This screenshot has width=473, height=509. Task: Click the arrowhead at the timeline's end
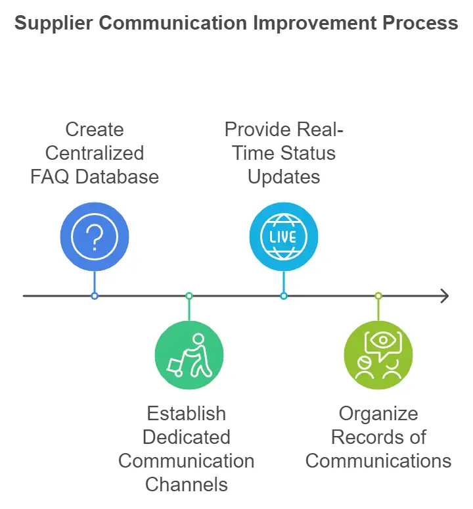(444, 296)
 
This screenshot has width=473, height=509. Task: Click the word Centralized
(95, 153)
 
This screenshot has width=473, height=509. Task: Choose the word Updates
(284, 176)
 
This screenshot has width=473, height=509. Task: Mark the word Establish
(187, 414)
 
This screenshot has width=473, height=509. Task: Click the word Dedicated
(187, 437)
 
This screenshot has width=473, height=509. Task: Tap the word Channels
(187, 485)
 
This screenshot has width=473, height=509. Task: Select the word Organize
(378, 414)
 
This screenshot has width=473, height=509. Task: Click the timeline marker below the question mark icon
(95, 296)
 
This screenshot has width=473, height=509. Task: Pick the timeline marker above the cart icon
(189, 296)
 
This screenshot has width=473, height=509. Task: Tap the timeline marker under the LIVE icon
(284, 296)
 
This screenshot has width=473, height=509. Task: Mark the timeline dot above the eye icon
(378, 296)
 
